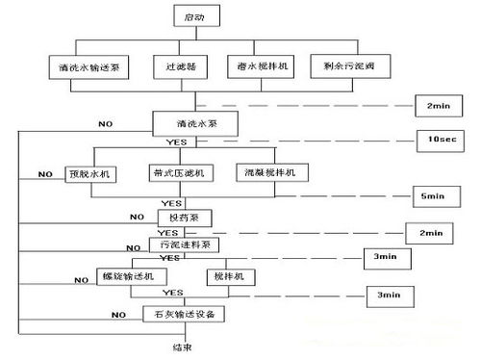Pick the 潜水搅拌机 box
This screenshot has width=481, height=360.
click(x=256, y=67)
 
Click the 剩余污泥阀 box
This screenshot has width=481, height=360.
click(x=341, y=67)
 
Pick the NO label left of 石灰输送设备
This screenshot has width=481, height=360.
click(x=118, y=314)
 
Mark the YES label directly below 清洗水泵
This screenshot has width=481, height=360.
click(x=176, y=141)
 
